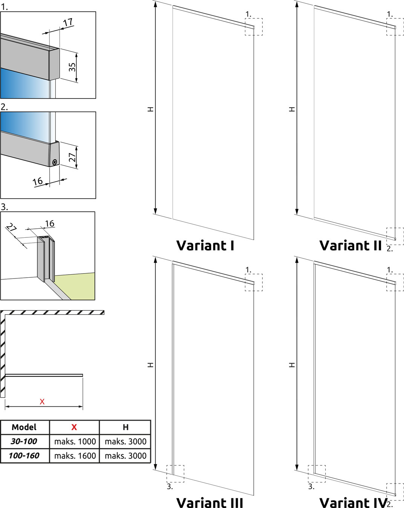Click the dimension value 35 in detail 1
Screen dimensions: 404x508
tap(72, 67)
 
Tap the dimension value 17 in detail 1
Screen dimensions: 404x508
tap(68, 23)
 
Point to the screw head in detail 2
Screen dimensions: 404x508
tap(55, 162)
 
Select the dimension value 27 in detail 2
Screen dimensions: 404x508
tap(72, 157)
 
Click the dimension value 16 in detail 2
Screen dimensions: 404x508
tap(38, 181)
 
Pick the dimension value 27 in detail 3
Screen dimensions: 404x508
tap(11, 228)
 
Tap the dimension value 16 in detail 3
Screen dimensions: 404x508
tap(50, 223)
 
